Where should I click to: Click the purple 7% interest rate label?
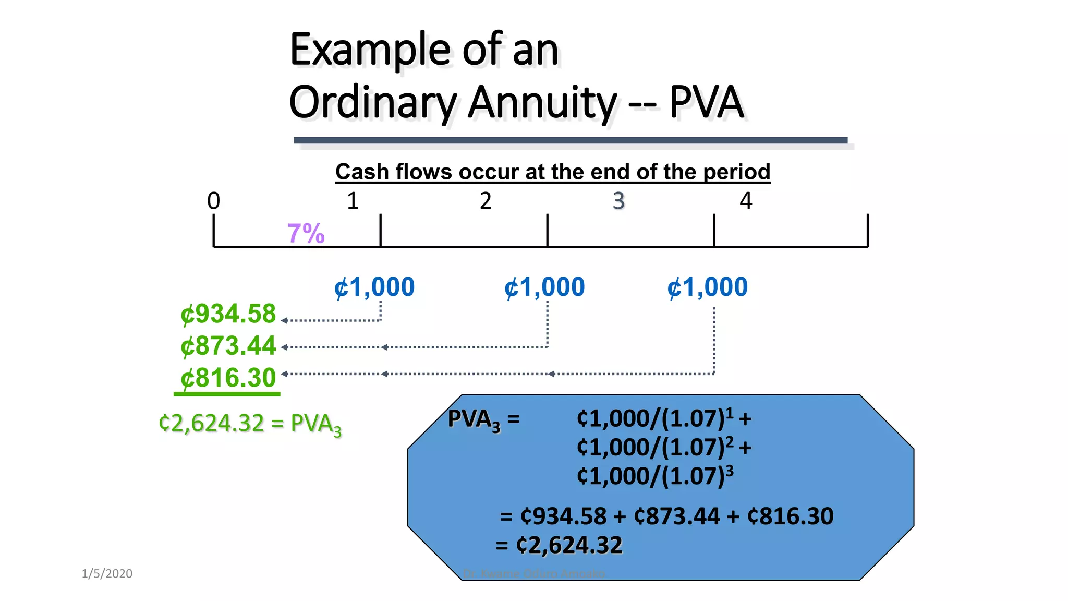coord(306,233)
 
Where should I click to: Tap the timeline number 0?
coord(213,201)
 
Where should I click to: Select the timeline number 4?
coord(746,201)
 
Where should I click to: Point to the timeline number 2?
coord(486,201)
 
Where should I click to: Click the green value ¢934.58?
coord(228,314)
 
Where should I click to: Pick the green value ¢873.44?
coord(228,346)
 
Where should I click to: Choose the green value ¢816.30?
coord(228,378)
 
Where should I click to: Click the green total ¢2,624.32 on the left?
coord(212,423)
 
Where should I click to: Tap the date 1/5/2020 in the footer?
coord(107,573)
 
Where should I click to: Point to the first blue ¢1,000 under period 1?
coord(374,287)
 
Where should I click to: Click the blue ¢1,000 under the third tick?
coord(708,287)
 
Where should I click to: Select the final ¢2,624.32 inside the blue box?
coord(569,545)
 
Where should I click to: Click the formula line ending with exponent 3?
coord(655,476)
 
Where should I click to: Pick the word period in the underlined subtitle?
coord(736,172)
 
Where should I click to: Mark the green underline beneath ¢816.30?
coord(227,394)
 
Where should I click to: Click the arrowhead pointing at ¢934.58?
coord(284,320)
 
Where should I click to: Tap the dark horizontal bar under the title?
coord(570,140)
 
